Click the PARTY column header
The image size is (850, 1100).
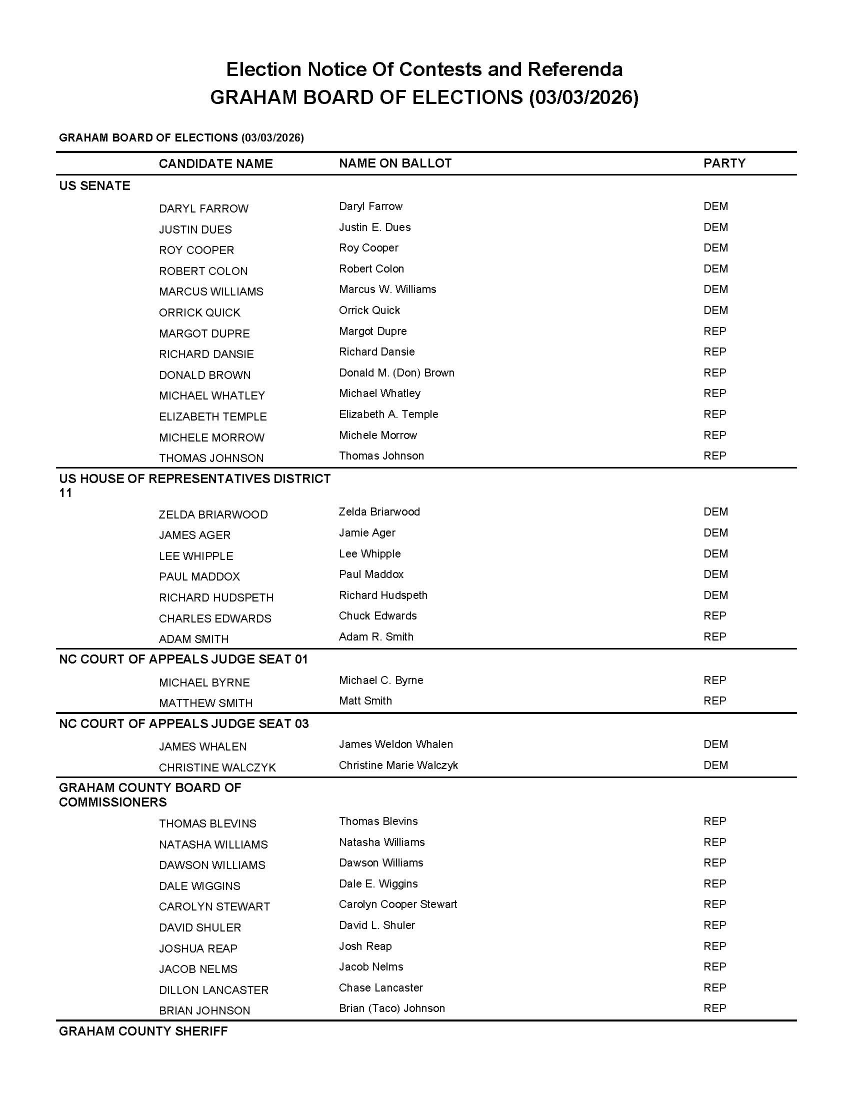724,163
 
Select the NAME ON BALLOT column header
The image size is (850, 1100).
395,163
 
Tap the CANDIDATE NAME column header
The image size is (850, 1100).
215,163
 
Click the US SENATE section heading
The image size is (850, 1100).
94,186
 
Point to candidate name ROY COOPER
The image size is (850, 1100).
196,250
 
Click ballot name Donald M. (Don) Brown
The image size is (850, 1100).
396,372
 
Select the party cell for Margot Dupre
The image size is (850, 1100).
714,331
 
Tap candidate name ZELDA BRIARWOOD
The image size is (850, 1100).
213,514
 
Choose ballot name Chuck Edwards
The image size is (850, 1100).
377,616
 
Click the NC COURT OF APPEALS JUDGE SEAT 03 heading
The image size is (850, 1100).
184,724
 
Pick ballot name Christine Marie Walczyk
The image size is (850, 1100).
398,765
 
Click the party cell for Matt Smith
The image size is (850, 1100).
714,701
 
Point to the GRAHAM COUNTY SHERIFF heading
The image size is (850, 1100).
143,1031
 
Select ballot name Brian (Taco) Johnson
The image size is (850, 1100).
392,1008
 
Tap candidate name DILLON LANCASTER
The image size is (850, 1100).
213,990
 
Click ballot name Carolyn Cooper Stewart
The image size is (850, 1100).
398,904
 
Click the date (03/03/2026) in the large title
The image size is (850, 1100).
583,97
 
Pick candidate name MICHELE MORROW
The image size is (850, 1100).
211,437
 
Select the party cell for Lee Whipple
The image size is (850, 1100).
715,554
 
